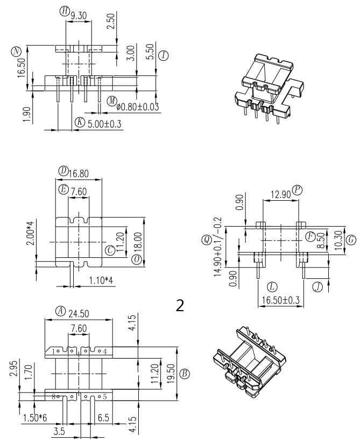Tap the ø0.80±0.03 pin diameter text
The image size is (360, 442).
coord(138,107)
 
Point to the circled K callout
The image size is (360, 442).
coord(80,122)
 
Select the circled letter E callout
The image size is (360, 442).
coord(63,189)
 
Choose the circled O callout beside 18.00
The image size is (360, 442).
coord(136,259)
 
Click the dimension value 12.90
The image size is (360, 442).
coord(279,194)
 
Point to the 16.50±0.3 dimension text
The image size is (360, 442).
coord(280,299)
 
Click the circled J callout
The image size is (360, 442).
coord(318,286)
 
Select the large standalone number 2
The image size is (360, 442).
coord(180,305)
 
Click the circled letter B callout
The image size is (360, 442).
coord(185,373)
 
